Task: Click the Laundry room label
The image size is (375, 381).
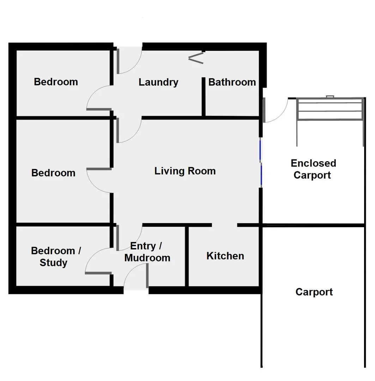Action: pos(158,82)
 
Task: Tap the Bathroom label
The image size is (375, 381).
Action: pos(232,82)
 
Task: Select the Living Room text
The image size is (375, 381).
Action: pos(185,171)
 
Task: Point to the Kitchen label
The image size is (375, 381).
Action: pos(225,256)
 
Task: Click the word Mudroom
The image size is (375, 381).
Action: pos(147,258)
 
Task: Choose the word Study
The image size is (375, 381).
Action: pos(53,263)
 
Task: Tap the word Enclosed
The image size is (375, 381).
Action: pos(313,163)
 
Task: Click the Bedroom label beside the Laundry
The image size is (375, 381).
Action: pos(56,82)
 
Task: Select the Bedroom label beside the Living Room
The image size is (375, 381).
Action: pos(53,173)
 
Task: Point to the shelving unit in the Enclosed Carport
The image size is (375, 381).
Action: pos(330,109)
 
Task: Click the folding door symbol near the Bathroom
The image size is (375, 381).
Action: pos(196,58)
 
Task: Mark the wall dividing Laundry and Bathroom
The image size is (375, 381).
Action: pos(204,97)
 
